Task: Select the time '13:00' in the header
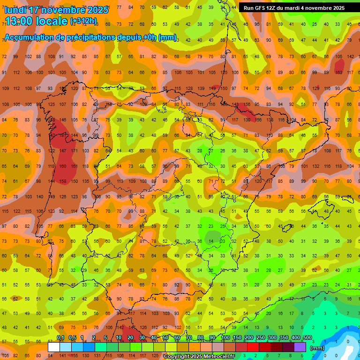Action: click(18, 22)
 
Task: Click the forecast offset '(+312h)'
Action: click(83, 21)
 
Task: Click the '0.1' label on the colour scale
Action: click(60, 338)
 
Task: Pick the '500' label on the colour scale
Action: click(307, 338)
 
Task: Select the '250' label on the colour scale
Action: click(260, 338)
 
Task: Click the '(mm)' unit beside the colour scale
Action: click(317, 348)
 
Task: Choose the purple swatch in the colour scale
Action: click(300, 347)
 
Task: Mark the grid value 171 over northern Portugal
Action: click(74, 151)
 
